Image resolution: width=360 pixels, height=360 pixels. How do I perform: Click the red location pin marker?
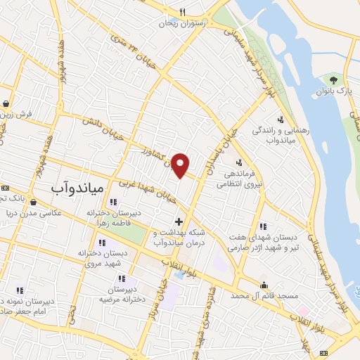pos(181,164)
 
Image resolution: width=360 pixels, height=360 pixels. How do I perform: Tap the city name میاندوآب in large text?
pos(78,188)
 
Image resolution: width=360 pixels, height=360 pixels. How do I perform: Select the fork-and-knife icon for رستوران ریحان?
pos(182,12)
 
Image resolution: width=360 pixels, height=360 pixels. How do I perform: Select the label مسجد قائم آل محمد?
pos(263,297)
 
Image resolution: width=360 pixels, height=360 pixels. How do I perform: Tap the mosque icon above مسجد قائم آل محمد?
pos(264,285)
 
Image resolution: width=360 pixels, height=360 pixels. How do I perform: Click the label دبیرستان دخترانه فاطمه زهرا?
pos(115,218)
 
